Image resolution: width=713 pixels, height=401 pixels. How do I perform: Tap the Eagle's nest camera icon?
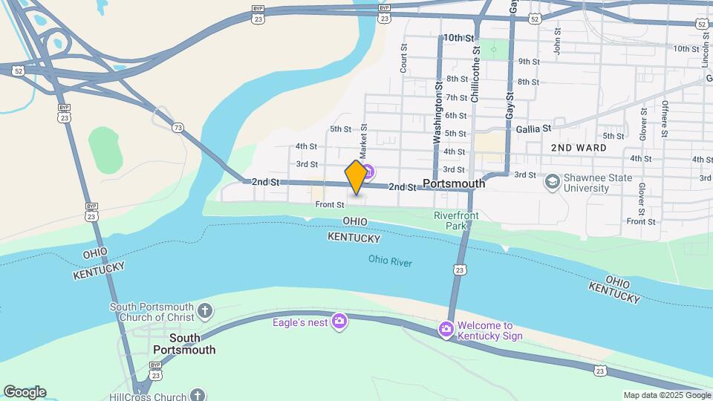tap(339, 321)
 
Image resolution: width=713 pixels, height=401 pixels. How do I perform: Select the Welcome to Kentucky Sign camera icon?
tap(446, 328)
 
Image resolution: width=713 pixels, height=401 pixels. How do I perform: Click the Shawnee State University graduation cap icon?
tap(552, 182)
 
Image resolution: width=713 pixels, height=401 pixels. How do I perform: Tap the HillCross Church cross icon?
tap(197, 394)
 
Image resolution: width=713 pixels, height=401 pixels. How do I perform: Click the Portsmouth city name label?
tap(453, 183)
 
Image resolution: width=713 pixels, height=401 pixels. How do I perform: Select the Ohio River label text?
tap(390, 261)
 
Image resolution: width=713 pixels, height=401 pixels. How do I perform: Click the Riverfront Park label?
tap(456, 220)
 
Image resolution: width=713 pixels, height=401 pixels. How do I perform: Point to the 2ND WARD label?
tap(579, 148)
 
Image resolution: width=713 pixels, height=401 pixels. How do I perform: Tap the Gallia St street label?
tap(533, 128)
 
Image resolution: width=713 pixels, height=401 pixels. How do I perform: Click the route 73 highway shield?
tap(177, 128)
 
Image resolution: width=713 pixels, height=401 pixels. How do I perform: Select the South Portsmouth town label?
tap(183, 344)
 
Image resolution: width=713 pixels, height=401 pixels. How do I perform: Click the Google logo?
tap(25, 392)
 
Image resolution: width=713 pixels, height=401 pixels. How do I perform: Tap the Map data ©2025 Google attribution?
tap(666, 395)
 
